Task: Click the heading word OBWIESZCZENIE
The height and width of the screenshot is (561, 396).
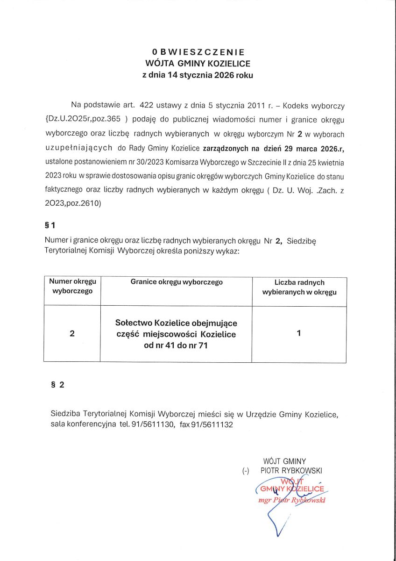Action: pos(198,52)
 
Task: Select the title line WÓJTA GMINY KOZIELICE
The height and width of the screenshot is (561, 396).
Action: pos(198,64)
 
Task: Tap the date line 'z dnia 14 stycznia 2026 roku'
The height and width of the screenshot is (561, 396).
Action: pos(198,75)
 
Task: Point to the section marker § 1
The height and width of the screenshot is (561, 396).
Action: pos(49,225)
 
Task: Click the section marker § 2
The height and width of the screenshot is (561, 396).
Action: pos(57,385)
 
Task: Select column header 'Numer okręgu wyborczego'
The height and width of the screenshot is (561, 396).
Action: pos(72,286)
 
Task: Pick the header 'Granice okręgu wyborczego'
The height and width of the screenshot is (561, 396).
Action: pos(177,282)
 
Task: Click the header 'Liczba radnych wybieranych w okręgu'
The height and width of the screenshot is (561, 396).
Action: pos(299,288)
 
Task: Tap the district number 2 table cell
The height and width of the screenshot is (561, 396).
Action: pos(72,334)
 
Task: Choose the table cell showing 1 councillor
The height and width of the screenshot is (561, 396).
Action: pos(299,333)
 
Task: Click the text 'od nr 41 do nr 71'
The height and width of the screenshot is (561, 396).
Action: pos(176,346)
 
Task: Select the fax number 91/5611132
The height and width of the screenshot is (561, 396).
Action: pos(213,424)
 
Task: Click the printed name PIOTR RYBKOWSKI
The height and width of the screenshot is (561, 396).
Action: pos(291,470)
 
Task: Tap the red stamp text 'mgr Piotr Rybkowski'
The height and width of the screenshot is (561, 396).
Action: pos(292,500)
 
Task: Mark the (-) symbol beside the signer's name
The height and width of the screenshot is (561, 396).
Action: pos(246,471)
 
